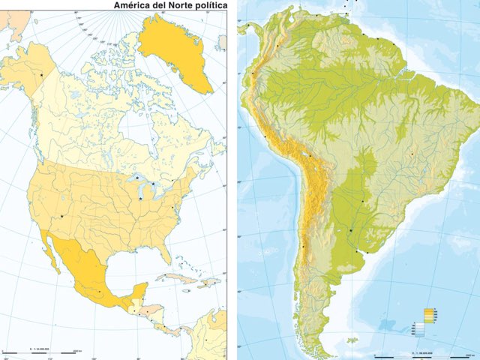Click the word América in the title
(131, 6)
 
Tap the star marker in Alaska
(42, 75)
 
